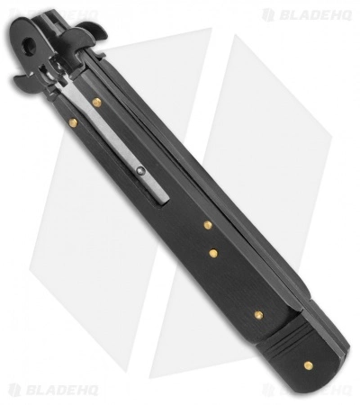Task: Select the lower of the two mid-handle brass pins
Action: point(213,254)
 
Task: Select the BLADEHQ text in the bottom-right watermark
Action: point(315,389)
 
